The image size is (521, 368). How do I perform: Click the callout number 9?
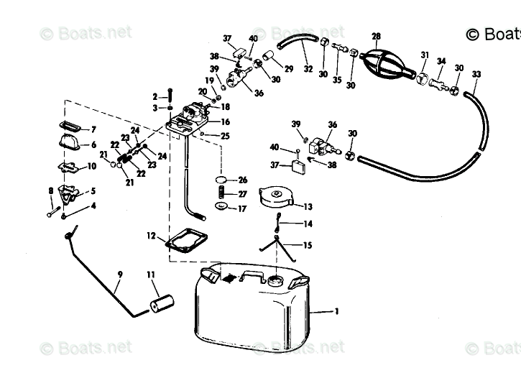[x=120, y=274]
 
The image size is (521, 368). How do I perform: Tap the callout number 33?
[x=476, y=74]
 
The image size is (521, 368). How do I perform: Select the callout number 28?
[x=376, y=36]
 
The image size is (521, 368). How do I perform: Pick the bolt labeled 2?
[x=170, y=96]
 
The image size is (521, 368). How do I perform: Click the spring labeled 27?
[x=221, y=194]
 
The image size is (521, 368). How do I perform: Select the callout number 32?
[x=308, y=69]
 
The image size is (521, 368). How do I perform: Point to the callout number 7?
[x=92, y=130]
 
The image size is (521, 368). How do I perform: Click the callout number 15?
[x=308, y=246]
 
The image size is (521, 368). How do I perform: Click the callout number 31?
[x=425, y=55]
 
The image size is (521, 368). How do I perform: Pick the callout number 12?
[x=152, y=236]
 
